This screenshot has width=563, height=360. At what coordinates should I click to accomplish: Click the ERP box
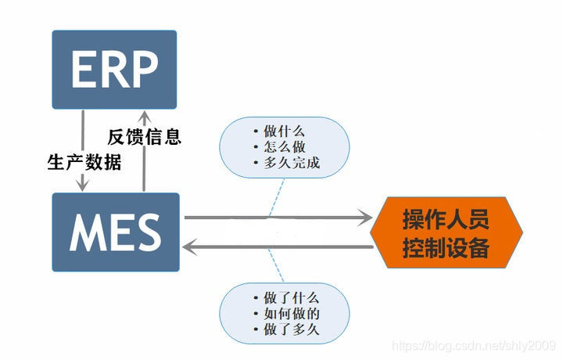[x=114, y=69]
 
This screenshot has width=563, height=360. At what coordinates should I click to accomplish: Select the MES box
[x=115, y=232]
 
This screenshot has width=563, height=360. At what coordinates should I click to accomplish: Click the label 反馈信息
[x=145, y=138]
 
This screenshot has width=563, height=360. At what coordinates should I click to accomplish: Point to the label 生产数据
[x=84, y=163]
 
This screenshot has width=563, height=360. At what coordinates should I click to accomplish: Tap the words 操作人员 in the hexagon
[x=446, y=220]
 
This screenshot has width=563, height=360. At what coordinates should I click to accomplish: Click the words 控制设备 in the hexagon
[x=446, y=248]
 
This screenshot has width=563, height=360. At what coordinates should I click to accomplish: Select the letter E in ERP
[x=84, y=69]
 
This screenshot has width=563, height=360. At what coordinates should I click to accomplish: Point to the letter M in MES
[x=87, y=232]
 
